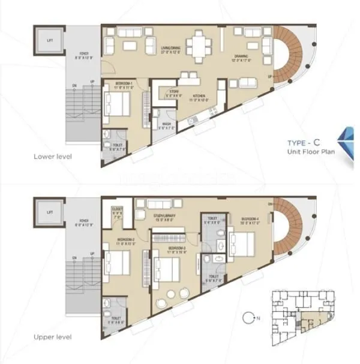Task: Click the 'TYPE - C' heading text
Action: tap(307, 144)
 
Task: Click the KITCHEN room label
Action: tap(199, 96)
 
